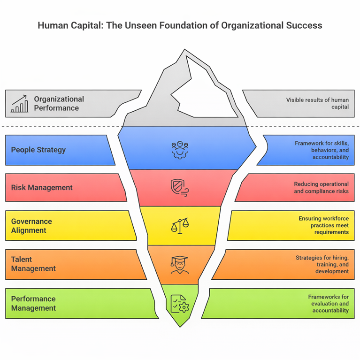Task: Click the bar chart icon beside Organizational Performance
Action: point(19,104)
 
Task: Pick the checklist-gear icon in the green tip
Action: point(179,302)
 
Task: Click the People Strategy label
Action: point(38,150)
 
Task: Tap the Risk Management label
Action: point(42,188)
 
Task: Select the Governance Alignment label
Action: point(31,226)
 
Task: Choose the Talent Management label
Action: point(33,264)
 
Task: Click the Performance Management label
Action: point(33,303)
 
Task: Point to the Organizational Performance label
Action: point(59,103)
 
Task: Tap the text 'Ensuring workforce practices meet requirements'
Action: point(323,226)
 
